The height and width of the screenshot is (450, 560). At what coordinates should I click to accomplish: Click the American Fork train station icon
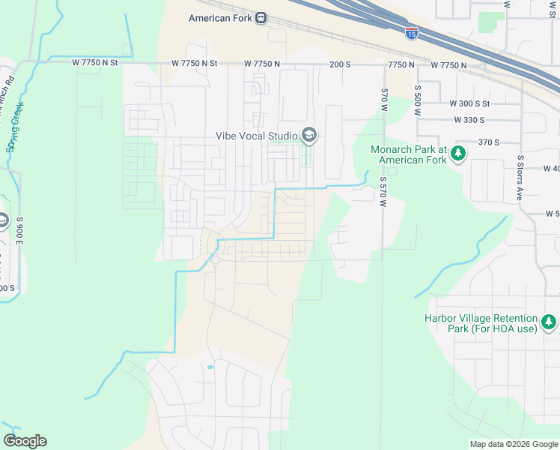[261, 18]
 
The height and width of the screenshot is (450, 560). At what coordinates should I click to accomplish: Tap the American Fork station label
[220, 18]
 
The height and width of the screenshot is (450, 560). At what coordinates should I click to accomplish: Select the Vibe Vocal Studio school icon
[308, 136]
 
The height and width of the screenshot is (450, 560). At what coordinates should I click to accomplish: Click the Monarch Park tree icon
[458, 154]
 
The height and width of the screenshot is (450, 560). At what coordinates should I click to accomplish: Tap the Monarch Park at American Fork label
[409, 154]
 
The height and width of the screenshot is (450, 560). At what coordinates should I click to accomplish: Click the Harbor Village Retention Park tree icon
[550, 322]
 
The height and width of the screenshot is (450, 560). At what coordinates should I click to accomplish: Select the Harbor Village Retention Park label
[481, 323]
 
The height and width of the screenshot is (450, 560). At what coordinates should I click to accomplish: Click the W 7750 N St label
[96, 63]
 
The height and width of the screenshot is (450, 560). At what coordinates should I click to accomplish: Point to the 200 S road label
[341, 65]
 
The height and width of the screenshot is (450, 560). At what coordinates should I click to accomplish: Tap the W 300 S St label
[469, 103]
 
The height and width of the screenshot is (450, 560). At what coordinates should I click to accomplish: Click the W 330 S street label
[469, 120]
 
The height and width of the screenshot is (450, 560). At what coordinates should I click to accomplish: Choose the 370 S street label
[488, 142]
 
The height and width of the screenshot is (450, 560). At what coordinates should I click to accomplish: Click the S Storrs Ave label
[520, 178]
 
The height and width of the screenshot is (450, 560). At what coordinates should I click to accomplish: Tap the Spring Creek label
[14, 126]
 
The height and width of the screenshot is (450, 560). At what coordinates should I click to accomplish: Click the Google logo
[25, 441]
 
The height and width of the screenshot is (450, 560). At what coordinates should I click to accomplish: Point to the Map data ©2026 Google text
[514, 444]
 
